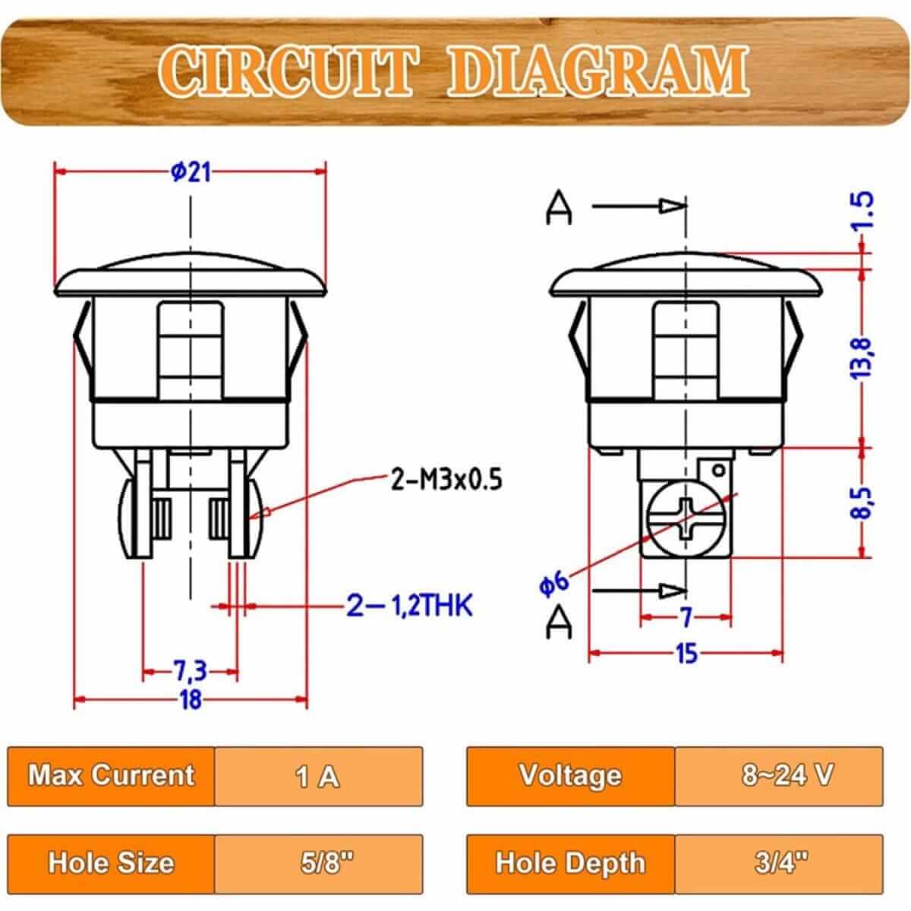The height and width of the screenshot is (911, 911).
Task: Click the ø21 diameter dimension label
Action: pyautogui.click(x=191, y=172)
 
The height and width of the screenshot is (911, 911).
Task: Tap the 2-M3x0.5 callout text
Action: pyautogui.click(x=446, y=481)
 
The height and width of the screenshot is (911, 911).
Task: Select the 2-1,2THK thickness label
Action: pyautogui.click(x=409, y=605)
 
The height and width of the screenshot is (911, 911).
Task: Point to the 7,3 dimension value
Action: pyautogui.click(x=190, y=671)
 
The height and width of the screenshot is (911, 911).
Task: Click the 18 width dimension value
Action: pyautogui.click(x=191, y=700)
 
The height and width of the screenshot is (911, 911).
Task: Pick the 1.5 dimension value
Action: pyautogui.click(x=862, y=211)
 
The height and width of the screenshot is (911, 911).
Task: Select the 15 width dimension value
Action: pyautogui.click(x=686, y=654)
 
